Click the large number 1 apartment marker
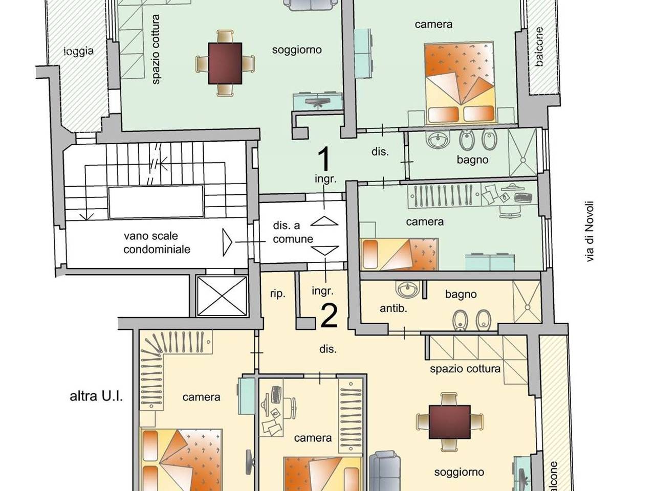coord(324,159)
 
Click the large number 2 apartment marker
coord(329,316)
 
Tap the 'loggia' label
coord(78,52)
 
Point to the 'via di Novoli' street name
coord(589,231)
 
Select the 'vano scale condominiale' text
coord(157,242)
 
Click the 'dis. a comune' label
coord(293,232)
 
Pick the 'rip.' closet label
coord(277,294)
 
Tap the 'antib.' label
coord(394,308)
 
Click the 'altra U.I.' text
coord(96,396)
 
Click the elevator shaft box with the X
coord(222,296)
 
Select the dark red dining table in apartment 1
coord(225,63)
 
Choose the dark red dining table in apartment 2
coord(449,422)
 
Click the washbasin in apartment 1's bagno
coord(438,139)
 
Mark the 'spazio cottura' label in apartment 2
coord(465,369)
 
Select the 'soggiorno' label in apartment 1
coord(297,50)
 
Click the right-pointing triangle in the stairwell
coord(227,242)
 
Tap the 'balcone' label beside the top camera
coord(539,47)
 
